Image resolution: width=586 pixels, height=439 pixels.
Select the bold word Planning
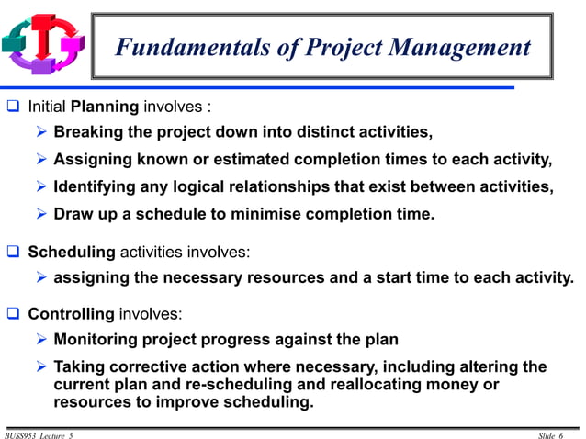(104, 106)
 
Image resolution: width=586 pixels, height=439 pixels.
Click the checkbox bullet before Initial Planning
(14, 106)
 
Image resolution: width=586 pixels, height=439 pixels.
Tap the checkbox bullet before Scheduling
(14, 251)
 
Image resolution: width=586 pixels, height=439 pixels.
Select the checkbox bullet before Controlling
(14, 313)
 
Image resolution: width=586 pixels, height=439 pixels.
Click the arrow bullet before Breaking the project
(41, 132)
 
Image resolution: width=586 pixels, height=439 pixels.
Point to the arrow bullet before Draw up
(41, 215)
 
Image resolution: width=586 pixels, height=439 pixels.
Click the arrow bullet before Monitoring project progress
(41, 340)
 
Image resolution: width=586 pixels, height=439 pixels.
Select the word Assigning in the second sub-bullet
(94, 160)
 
